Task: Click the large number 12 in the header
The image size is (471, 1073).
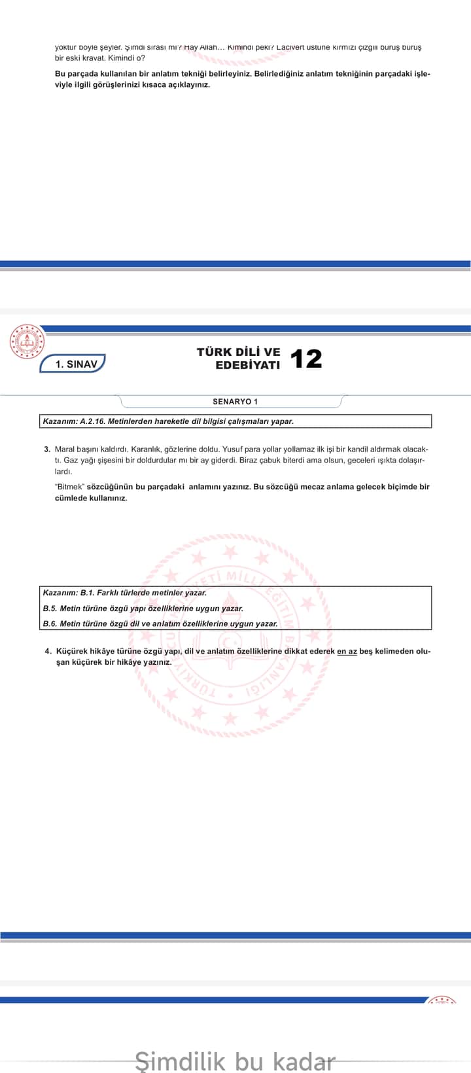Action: coord(305,359)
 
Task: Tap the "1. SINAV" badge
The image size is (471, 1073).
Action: coord(72,364)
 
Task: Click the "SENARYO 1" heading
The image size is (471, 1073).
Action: coord(235,402)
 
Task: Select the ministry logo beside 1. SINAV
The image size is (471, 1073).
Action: coord(27,342)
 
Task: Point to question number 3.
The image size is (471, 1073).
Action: coord(47,449)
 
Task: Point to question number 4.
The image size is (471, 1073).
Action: coord(48,652)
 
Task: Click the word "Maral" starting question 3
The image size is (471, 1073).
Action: coord(65,449)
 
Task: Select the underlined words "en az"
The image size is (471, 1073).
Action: coord(347,652)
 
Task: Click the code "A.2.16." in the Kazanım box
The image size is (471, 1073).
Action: coord(92,421)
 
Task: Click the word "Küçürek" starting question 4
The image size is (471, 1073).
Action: coord(71,652)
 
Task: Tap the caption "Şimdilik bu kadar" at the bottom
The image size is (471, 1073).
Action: coord(235,1060)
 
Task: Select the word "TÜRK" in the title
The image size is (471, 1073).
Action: coord(214,352)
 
